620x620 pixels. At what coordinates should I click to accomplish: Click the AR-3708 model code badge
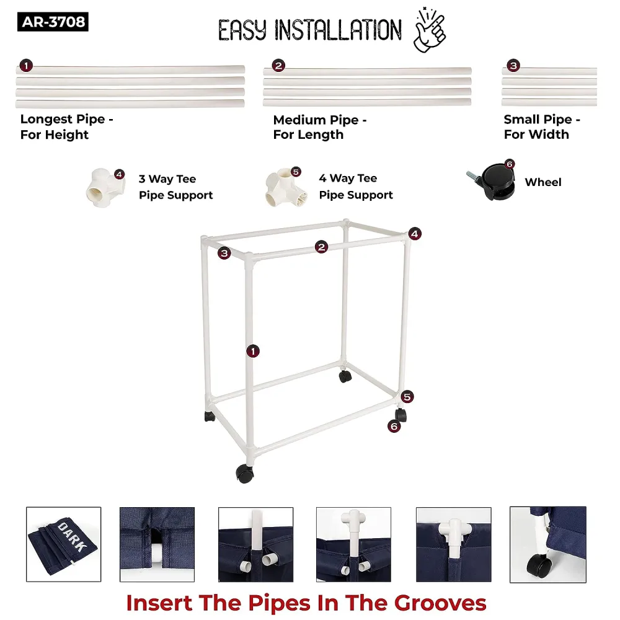[x=53, y=22]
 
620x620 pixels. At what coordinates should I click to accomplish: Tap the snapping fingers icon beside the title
[x=430, y=30]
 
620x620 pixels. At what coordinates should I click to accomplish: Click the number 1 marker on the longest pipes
[x=26, y=66]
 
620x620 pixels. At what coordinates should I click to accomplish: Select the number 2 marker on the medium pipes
[x=278, y=66]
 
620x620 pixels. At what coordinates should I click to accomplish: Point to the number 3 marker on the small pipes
[x=513, y=66]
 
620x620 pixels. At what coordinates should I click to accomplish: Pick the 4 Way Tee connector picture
[x=285, y=187]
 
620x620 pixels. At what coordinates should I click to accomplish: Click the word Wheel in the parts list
[x=543, y=182]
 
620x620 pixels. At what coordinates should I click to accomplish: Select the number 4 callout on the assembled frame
[x=414, y=234]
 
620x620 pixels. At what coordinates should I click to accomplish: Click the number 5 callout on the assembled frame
[x=407, y=397]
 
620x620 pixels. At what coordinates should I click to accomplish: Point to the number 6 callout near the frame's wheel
[x=394, y=427]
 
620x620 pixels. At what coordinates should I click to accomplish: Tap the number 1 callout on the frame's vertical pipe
[x=253, y=351]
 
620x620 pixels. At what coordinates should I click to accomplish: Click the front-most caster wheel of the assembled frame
[x=245, y=473]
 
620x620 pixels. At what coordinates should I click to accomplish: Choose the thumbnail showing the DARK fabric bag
[x=64, y=544]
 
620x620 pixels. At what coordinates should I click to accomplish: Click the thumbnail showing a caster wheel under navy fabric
[x=548, y=544]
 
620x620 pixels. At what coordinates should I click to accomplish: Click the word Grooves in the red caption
[x=440, y=603]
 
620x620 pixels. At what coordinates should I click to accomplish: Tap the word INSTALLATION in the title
[x=338, y=30]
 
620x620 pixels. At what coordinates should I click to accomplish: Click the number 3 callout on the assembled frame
[x=224, y=253]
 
